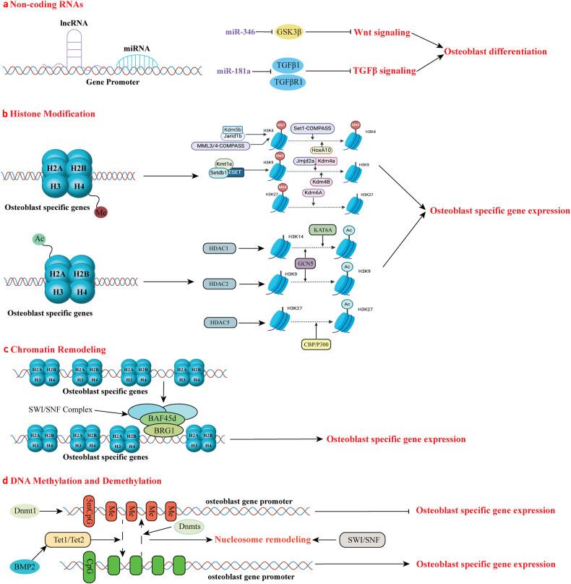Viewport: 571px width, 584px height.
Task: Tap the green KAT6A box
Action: (324, 229)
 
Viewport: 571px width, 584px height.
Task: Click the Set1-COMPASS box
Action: (317, 128)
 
